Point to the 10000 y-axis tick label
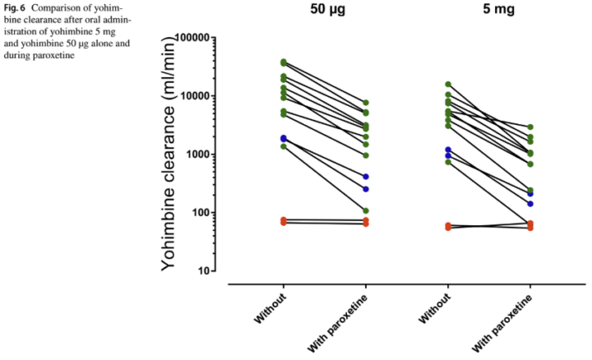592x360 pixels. click(195, 96)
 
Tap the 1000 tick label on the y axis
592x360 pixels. click(198, 155)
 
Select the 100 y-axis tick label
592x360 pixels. click(201, 213)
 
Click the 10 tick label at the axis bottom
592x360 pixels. click(204, 271)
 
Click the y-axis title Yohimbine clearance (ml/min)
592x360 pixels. click(169, 155)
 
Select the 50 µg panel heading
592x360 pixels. click(328, 9)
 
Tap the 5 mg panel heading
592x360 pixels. click(499, 9)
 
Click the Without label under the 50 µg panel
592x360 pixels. click(271, 308)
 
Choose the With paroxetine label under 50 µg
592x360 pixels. click(338, 323)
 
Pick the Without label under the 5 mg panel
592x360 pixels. click(435, 308)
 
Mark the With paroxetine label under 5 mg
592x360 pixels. click(502, 323)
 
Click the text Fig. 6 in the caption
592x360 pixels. click(14, 8)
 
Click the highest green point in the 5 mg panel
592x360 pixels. click(448, 84)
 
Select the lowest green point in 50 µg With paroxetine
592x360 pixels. click(365, 210)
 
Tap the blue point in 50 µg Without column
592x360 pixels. click(284, 138)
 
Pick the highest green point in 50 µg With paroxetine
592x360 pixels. click(365, 103)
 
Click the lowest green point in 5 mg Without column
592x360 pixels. click(448, 162)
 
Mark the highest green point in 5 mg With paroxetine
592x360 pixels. click(530, 127)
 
